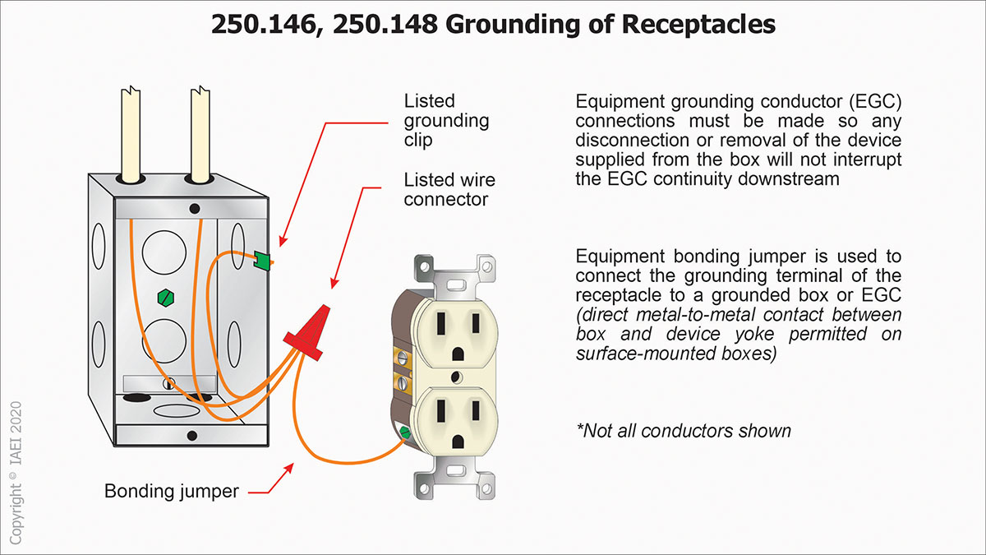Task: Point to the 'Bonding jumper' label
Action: pos(171,492)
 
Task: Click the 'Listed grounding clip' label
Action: pos(446,120)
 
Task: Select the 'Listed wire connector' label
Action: pos(449,189)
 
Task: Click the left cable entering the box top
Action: pos(132,135)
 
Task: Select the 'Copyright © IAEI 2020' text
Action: pos(16,472)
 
